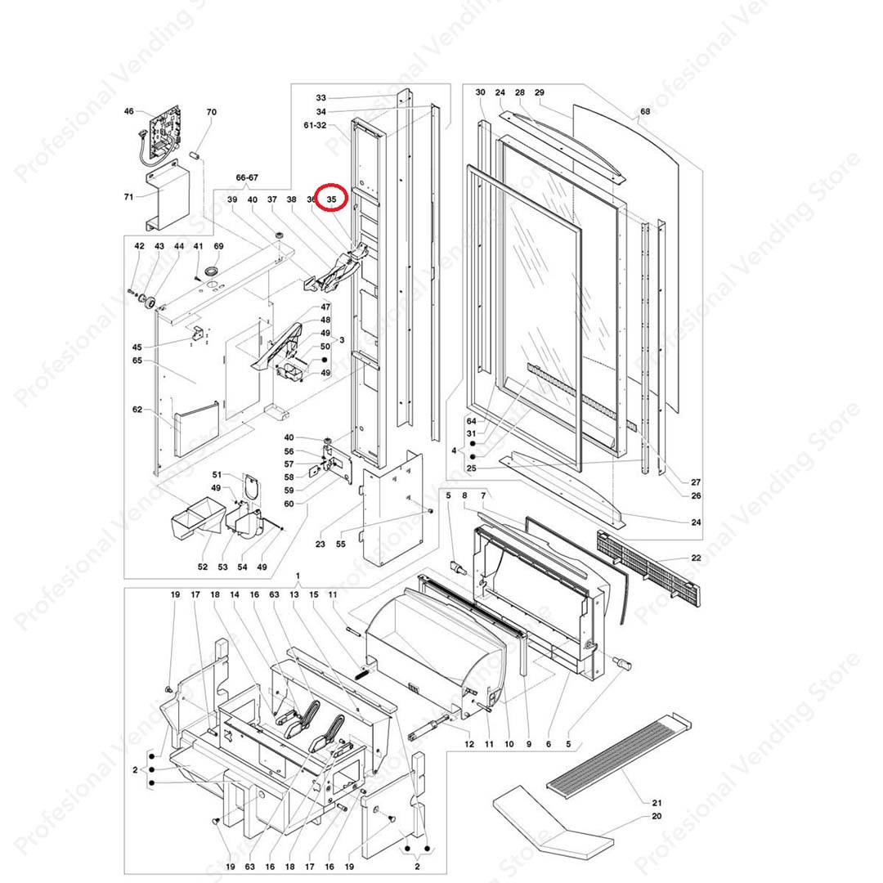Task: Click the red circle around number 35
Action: tap(333, 198)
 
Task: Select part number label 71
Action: tap(128, 196)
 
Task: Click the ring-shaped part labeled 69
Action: tap(213, 271)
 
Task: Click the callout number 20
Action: tap(657, 816)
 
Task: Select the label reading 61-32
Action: tap(315, 126)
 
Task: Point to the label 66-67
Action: tap(247, 177)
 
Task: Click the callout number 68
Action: tap(645, 111)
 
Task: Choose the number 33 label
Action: tap(320, 97)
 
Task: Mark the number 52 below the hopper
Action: tap(202, 567)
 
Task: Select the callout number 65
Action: tap(137, 361)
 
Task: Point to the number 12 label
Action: tap(469, 744)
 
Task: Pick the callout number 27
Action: tap(696, 482)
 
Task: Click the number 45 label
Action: tap(137, 347)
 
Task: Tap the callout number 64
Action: tap(471, 421)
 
